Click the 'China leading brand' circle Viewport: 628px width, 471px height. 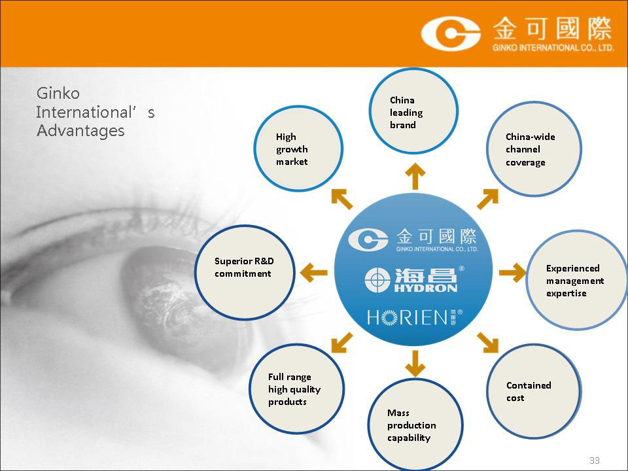pyautogui.click(x=413, y=111)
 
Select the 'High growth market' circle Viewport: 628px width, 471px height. pyautogui.click(x=298, y=148)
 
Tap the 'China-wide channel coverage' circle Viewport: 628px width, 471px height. pyautogui.click(x=534, y=149)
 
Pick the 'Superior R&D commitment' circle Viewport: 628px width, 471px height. pyautogui.click(x=245, y=272)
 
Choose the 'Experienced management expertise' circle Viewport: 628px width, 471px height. pyautogui.click(x=577, y=280)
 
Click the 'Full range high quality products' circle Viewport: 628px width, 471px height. pyautogui.click(x=297, y=389)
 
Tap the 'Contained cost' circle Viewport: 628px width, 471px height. pyautogui.click(x=534, y=391)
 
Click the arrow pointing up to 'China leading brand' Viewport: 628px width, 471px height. pyautogui.click(x=415, y=176)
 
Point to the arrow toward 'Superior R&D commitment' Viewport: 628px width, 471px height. pyautogui.click(x=313, y=273)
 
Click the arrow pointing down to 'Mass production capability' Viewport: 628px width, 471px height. pyautogui.click(x=415, y=364)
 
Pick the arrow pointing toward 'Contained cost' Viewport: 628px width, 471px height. pyautogui.click(x=488, y=343)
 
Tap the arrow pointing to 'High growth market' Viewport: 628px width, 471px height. pyautogui.click(x=342, y=199)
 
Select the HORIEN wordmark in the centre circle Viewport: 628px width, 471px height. pyautogui.click(x=415, y=317)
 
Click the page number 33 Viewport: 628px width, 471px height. pyautogui.click(x=595, y=460)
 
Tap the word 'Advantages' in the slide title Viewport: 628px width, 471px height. pyautogui.click(x=80, y=131)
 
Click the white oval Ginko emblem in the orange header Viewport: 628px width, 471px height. pyautogui.click(x=451, y=33)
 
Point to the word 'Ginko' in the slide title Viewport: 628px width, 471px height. pyautogui.click(x=58, y=94)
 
